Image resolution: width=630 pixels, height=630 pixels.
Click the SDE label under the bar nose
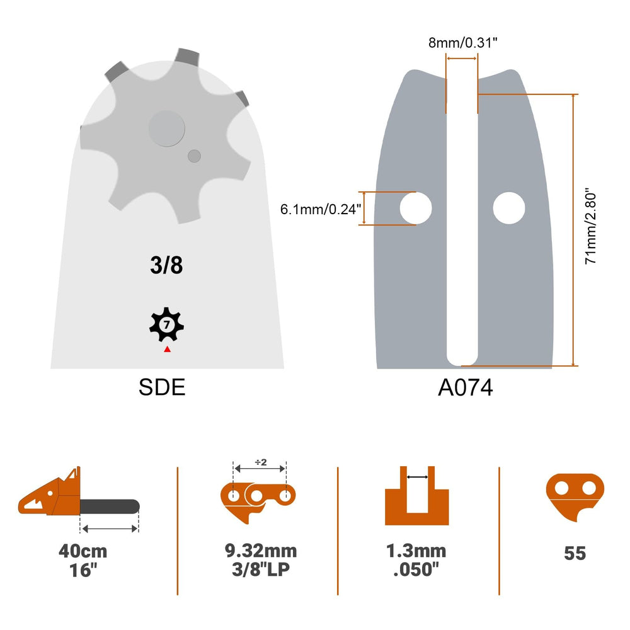click(x=162, y=387)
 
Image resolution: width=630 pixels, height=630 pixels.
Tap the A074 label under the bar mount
click(x=466, y=387)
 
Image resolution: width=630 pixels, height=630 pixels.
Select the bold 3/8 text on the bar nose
click(x=166, y=265)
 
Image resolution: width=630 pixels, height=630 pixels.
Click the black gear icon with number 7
click(x=166, y=324)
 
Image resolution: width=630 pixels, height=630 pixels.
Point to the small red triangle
click(x=167, y=349)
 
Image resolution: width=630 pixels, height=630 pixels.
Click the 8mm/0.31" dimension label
click(x=463, y=43)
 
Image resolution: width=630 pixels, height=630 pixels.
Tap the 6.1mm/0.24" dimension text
click(x=321, y=209)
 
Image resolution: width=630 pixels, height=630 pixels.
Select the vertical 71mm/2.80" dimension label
click(x=590, y=226)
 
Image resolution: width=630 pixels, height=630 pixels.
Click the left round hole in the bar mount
click(x=416, y=208)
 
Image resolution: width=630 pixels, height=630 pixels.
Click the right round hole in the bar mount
click(x=508, y=208)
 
